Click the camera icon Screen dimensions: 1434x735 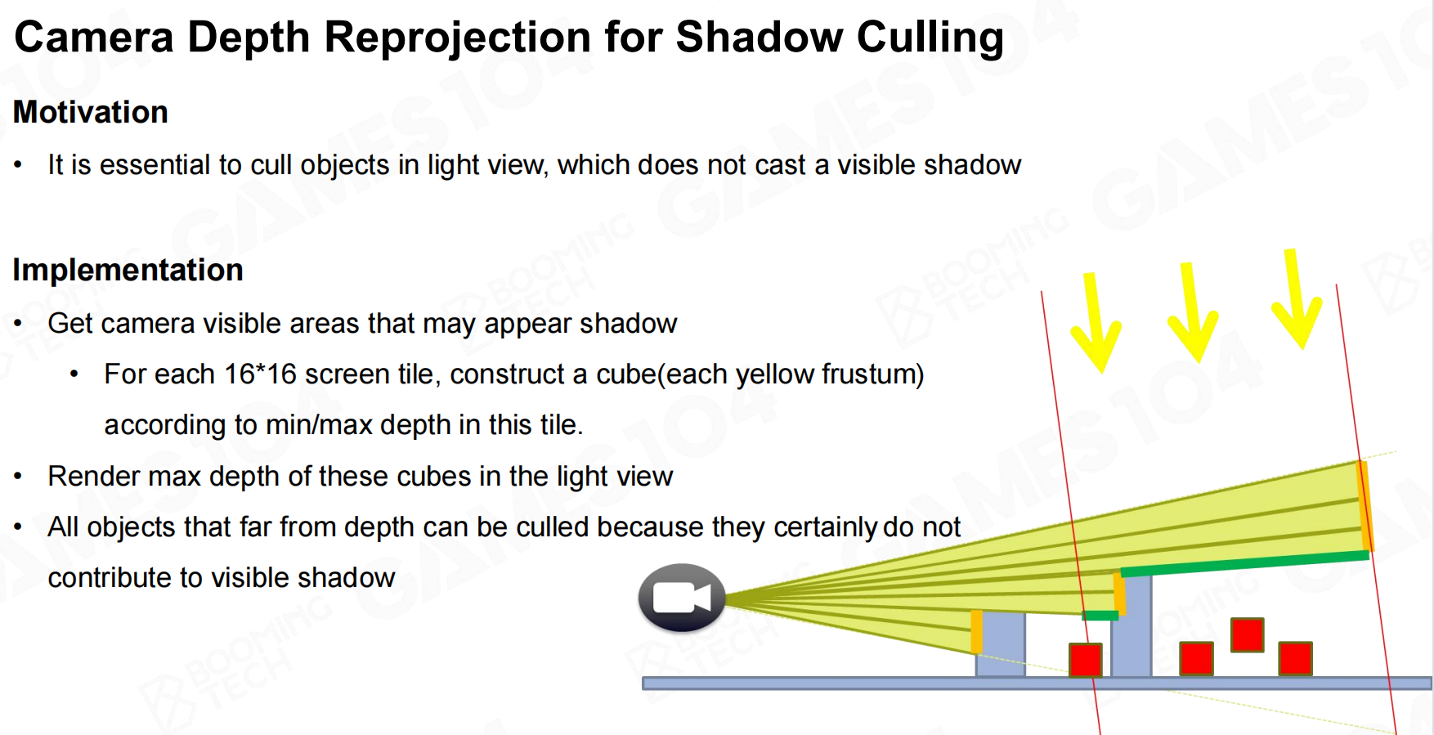682,598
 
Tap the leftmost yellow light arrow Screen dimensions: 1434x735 1096,324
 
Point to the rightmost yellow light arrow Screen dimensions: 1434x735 1297,299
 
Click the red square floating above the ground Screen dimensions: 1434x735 1248,634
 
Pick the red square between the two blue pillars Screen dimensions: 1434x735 1086,660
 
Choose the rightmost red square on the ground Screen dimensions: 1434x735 1296,659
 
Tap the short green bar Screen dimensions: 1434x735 1100,616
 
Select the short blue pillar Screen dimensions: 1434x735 1001,644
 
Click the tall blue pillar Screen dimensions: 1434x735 1132,626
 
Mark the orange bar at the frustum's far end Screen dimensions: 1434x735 1365,506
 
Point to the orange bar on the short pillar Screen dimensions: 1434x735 976,631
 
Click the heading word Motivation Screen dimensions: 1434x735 91,112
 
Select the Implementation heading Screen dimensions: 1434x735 128,270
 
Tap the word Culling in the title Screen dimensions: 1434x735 930,38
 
